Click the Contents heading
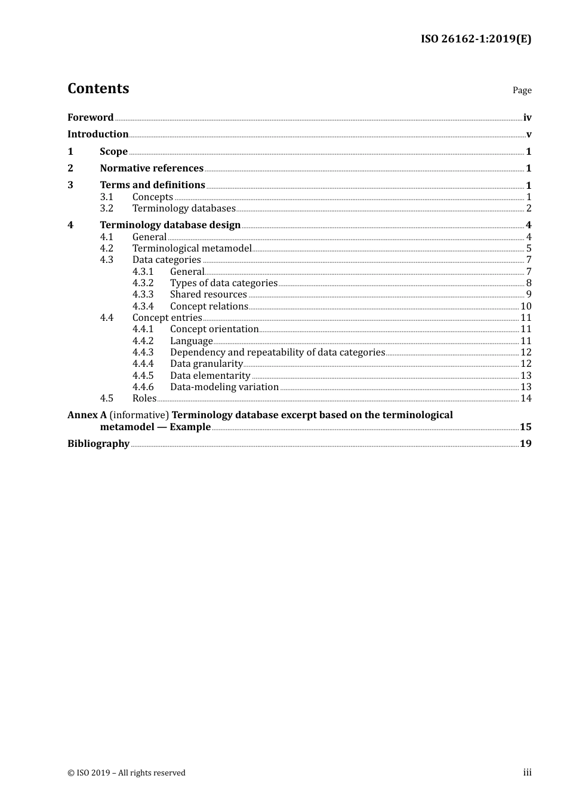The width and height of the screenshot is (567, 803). point(98,88)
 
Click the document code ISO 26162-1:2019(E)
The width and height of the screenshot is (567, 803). point(476,39)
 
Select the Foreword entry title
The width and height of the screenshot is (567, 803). point(90,118)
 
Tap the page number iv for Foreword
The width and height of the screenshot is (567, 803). point(527,118)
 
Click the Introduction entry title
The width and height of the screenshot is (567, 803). point(98,134)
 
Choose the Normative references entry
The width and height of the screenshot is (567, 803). point(152,168)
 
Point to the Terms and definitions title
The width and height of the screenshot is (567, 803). point(152,185)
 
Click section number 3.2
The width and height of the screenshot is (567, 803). point(106,209)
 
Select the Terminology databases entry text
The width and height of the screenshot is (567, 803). point(184,209)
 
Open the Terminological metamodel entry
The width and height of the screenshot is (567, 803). point(192,249)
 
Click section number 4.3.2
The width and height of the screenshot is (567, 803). point(143,283)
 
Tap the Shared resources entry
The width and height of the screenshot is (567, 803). point(208,295)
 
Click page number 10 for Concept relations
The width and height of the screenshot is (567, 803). point(526,307)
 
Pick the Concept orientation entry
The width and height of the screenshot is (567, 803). point(214,329)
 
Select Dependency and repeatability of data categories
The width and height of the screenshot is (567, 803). point(278,353)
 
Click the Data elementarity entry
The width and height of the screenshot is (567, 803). point(210,376)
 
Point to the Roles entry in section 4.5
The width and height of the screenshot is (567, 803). point(144,399)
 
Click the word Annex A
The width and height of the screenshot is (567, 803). point(87,415)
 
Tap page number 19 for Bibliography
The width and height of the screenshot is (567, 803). point(525,444)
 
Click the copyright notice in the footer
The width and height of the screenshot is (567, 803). point(127,773)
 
